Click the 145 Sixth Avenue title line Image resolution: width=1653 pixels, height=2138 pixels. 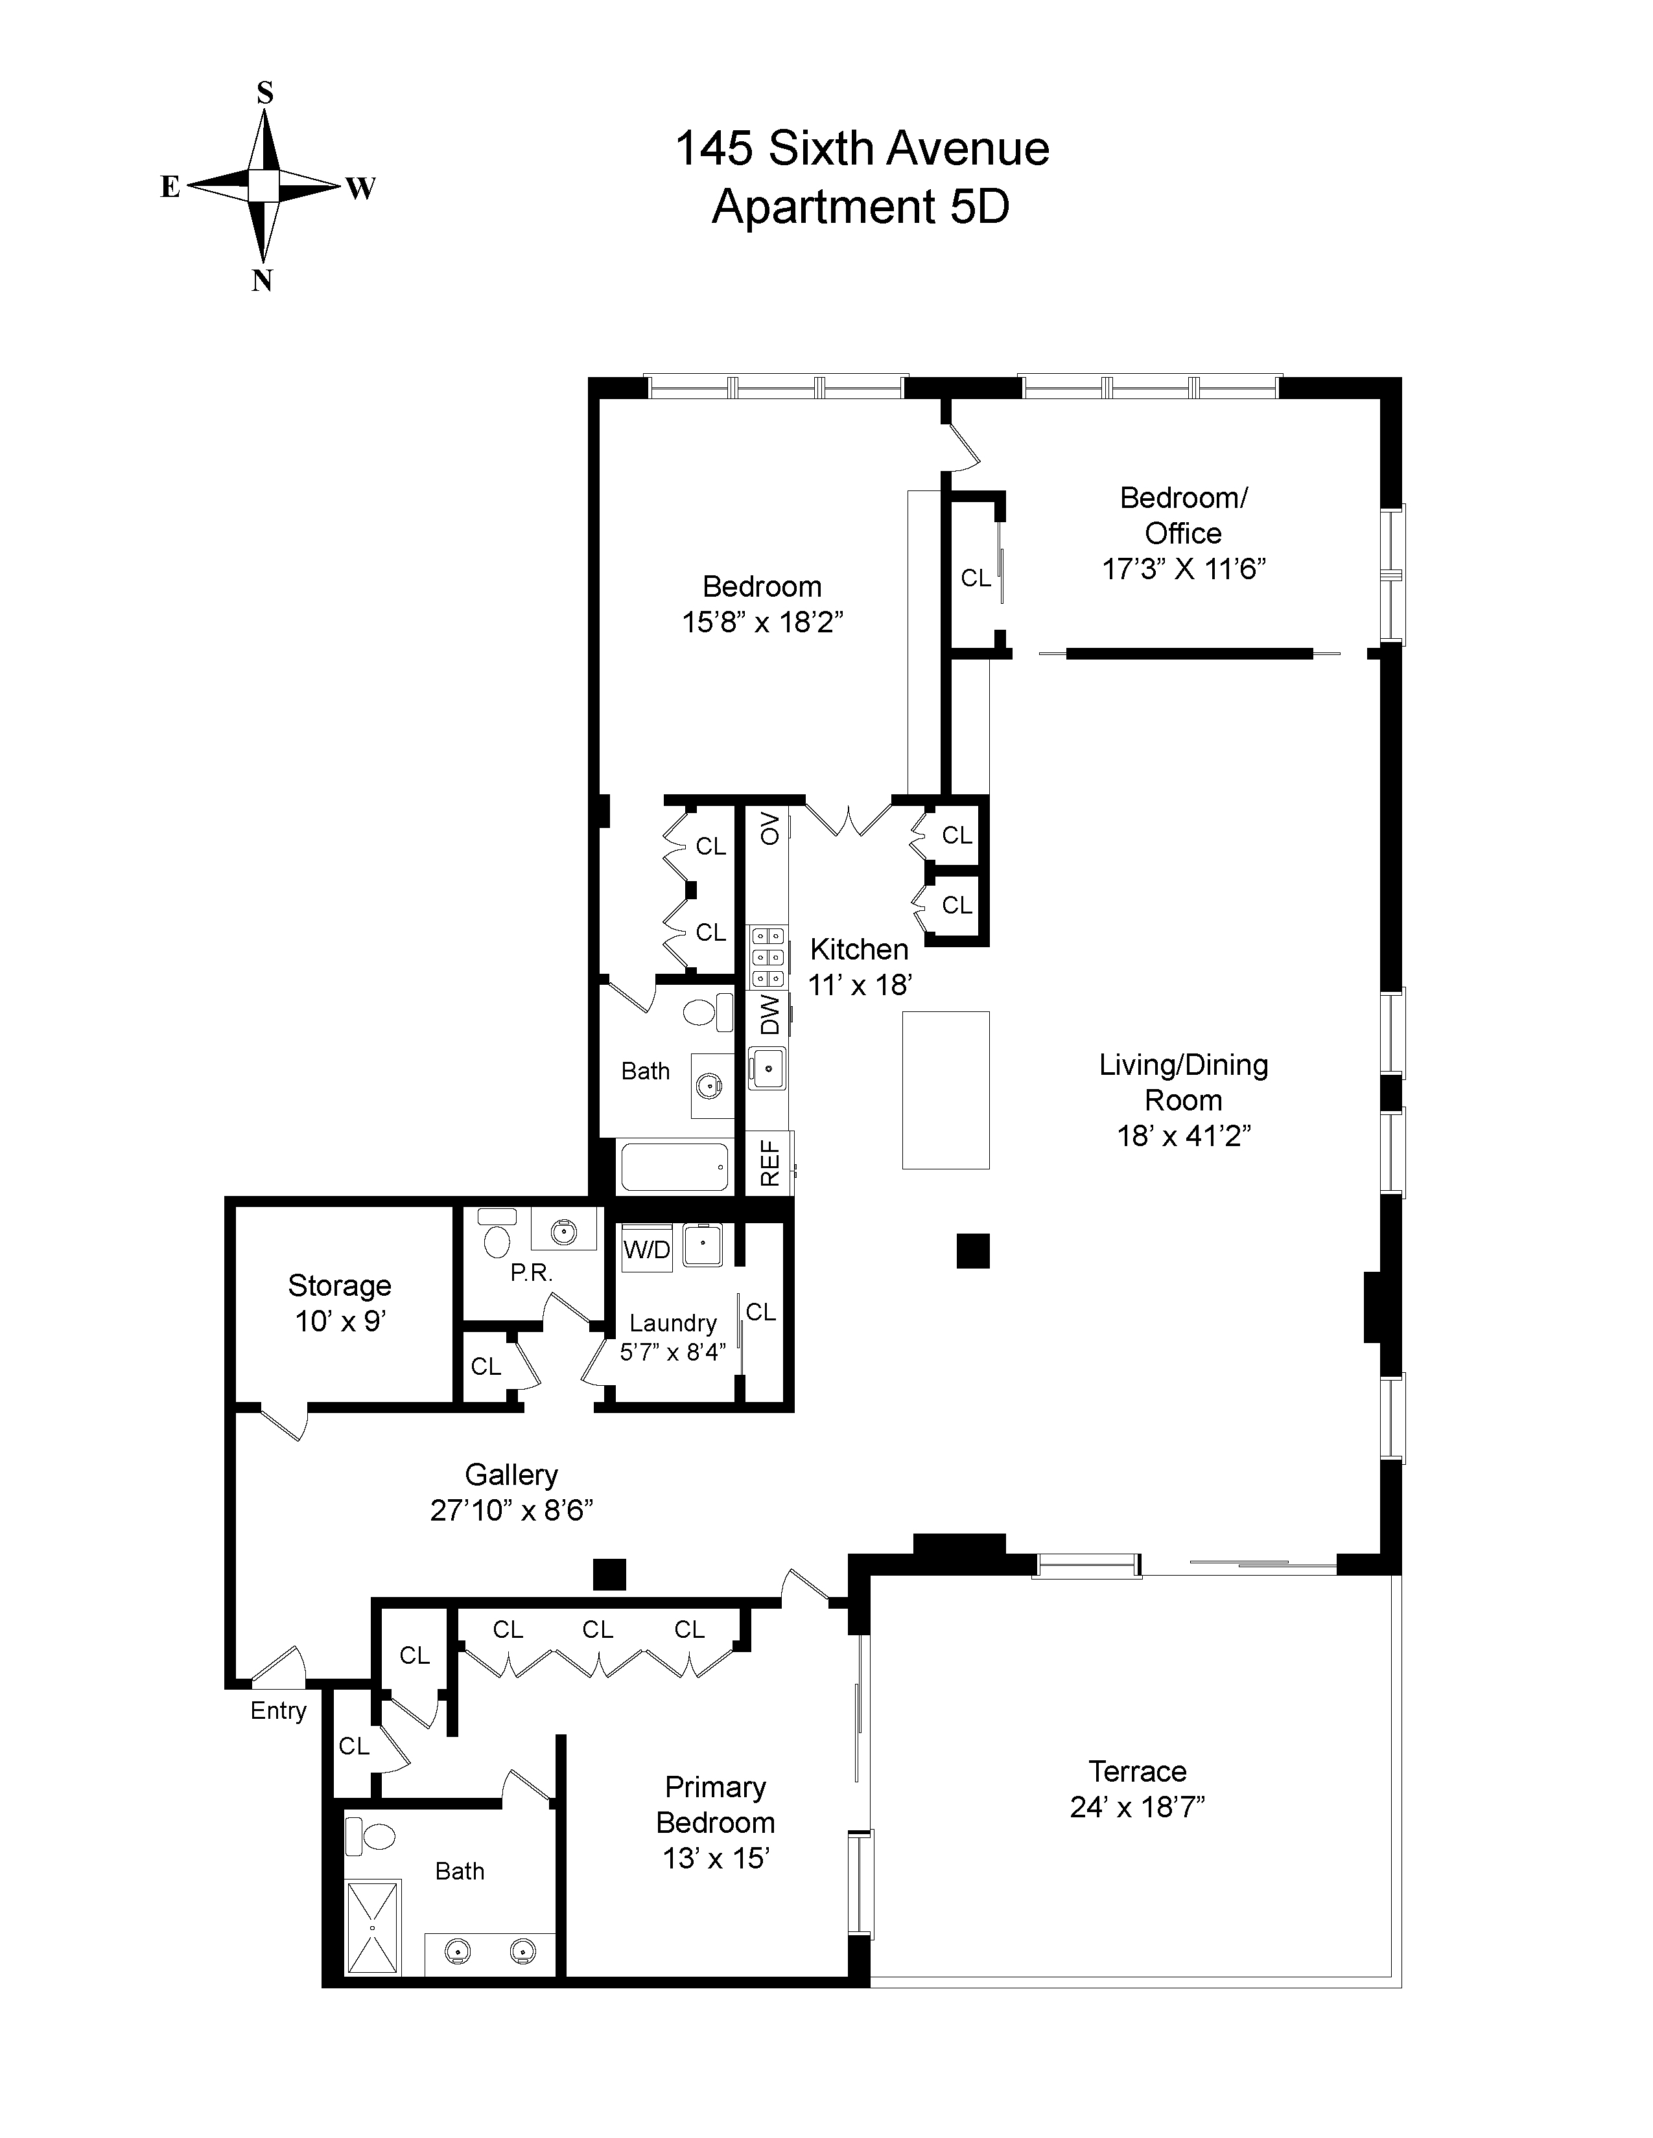click(x=862, y=149)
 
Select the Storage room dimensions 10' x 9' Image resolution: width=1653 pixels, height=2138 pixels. click(x=340, y=1322)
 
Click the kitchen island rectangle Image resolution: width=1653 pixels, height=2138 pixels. click(x=945, y=1090)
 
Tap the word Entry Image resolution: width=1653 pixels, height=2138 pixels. click(x=278, y=1710)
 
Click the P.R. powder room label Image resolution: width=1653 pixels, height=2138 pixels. click(x=532, y=1274)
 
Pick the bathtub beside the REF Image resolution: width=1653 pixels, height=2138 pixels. click(x=675, y=1166)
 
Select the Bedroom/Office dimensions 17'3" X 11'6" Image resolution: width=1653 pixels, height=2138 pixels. click(x=1183, y=569)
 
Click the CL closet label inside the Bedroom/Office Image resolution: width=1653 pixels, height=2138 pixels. click(x=976, y=579)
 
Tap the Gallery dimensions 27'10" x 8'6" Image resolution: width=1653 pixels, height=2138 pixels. click(x=511, y=1510)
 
